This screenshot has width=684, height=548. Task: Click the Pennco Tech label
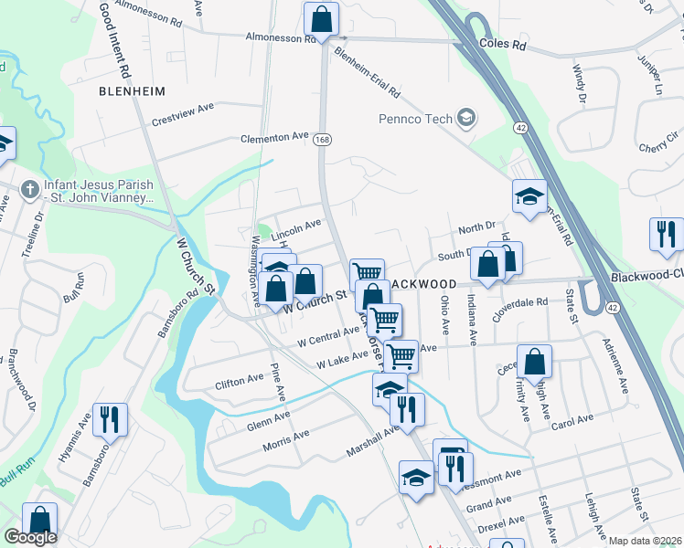[x=414, y=119]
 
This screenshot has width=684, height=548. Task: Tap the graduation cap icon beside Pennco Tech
[x=466, y=117]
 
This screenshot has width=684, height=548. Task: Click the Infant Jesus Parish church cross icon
[x=29, y=189]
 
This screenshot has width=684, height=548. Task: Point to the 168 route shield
[x=321, y=140]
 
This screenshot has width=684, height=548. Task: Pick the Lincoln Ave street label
[x=295, y=225]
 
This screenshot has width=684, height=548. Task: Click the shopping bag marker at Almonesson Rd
[x=321, y=18]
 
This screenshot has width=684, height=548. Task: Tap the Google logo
[x=30, y=537]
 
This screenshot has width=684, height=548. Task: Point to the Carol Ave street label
[x=572, y=421]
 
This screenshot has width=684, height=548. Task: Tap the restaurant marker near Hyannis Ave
[x=110, y=419]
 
